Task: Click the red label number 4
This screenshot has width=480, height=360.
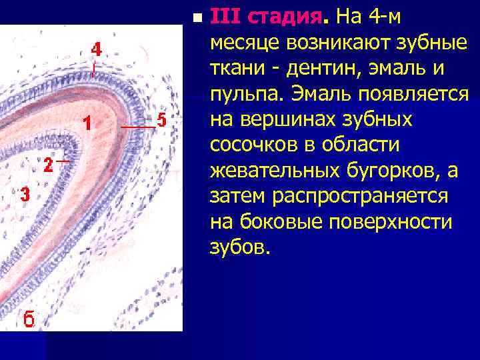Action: [x=97, y=50]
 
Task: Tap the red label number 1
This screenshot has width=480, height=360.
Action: [x=86, y=123]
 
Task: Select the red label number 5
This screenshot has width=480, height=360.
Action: [x=161, y=121]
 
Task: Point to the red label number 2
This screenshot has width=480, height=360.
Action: [x=48, y=165]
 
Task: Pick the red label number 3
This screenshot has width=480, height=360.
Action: [x=25, y=195]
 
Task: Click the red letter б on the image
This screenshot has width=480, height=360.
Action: [x=29, y=318]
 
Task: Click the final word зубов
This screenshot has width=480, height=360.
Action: [x=239, y=249]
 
